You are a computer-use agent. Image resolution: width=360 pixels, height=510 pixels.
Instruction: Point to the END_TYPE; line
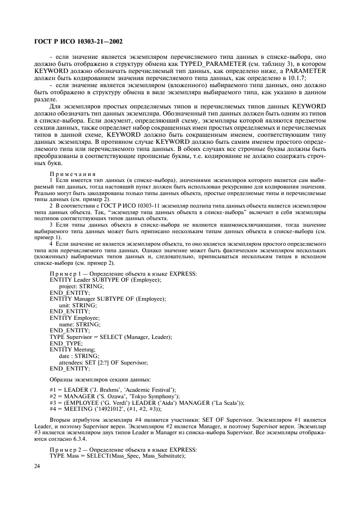point(64,343)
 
